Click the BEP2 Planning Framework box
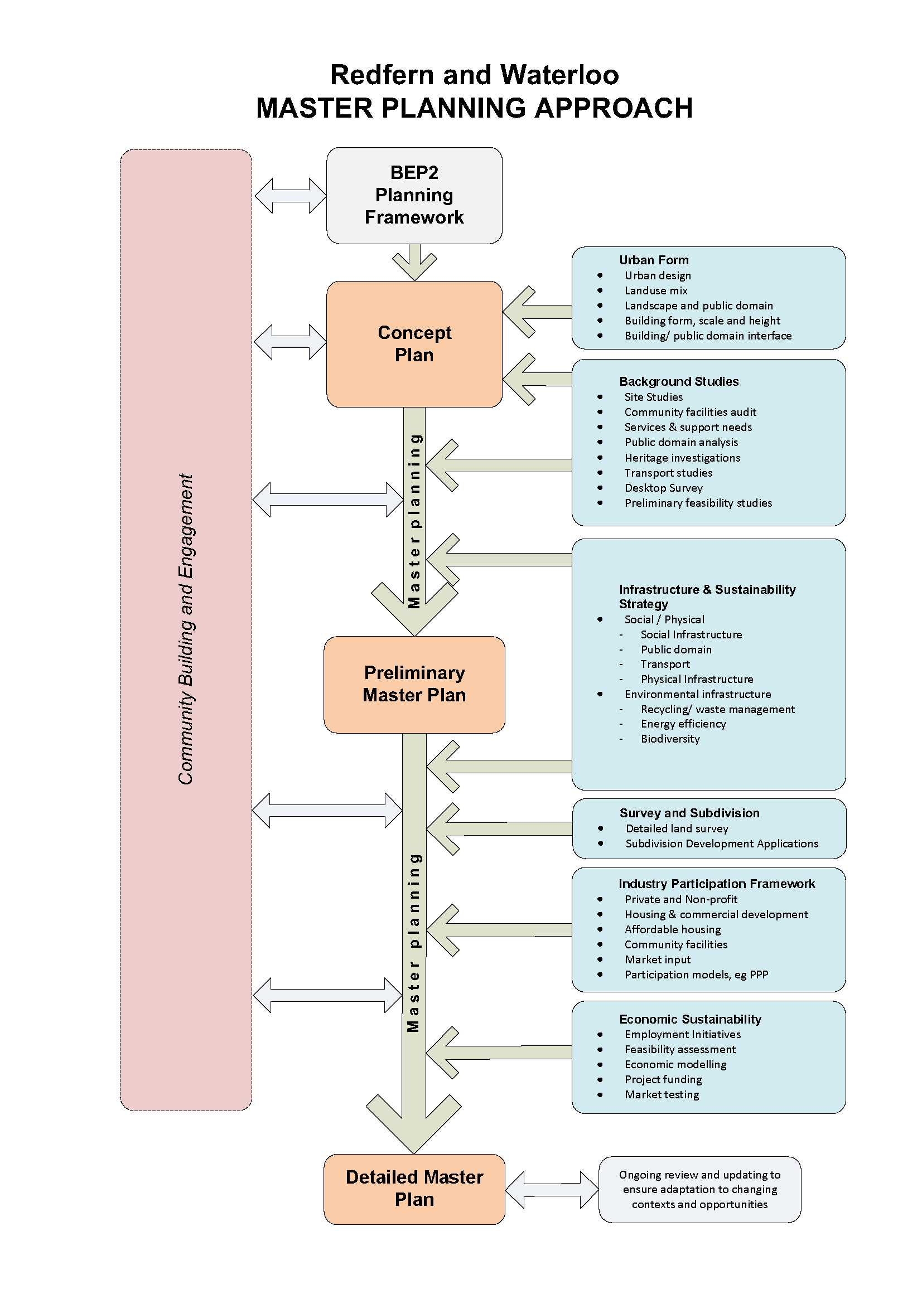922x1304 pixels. (x=413, y=195)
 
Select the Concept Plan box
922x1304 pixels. (x=413, y=343)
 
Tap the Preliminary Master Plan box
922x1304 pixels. (x=413, y=684)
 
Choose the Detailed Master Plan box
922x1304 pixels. (x=413, y=1188)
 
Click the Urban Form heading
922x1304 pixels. (x=653, y=260)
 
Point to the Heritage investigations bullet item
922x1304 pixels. (x=682, y=458)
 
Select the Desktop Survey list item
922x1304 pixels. (x=663, y=488)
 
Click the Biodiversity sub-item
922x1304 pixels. (x=670, y=739)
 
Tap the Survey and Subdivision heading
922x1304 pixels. (x=689, y=813)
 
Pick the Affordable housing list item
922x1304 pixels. (x=672, y=929)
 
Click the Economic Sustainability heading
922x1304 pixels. (x=689, y=1019)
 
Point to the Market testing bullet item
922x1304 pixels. (x=662, y=1094)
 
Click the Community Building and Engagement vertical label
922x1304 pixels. (x=186, y=629)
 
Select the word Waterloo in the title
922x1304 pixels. (x=559, y=75)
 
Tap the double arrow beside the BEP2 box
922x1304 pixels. (x=290, y=196)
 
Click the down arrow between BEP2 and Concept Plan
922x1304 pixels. (x=414, y=262)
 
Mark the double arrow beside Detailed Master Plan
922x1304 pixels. (x=551, y=1189)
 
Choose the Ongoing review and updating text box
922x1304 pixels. (x=699, y=1189)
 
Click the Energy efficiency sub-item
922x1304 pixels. (x=683, y=724)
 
